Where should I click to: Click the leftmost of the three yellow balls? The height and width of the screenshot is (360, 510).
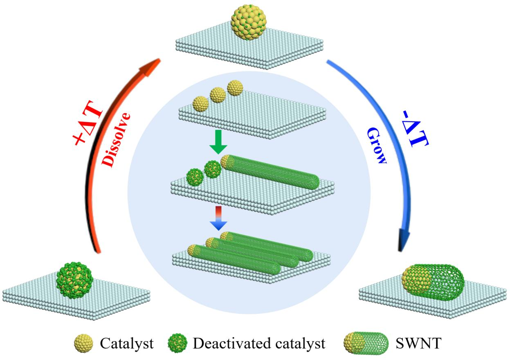pyautogui.click(x=200, y=103)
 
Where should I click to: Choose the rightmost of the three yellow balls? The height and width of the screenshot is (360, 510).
pyautogui.click(x=235, y=88)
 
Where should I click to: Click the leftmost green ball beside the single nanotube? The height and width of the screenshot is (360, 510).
pyautogui.click(x=194, y=177)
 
